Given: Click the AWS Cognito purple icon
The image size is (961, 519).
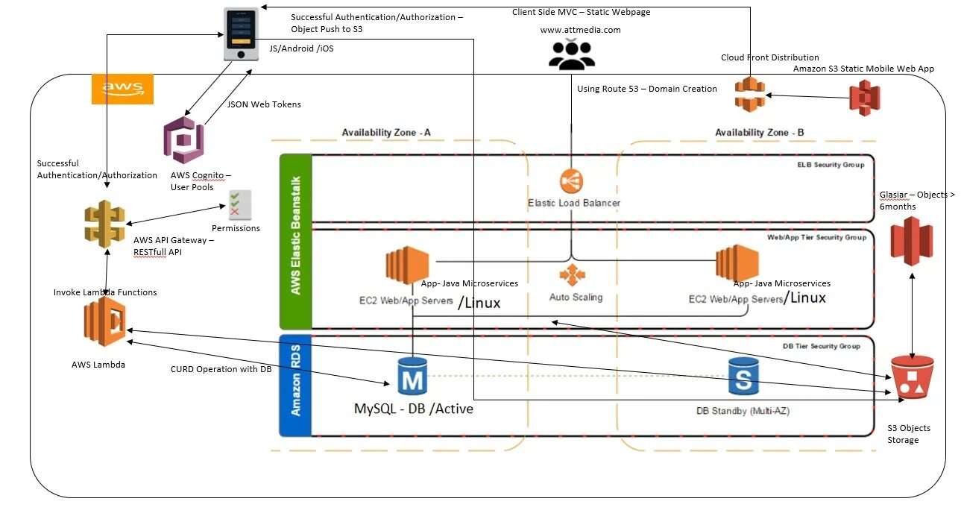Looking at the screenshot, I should click(183, 139).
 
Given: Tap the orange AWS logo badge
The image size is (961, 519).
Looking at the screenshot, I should click(122, 89).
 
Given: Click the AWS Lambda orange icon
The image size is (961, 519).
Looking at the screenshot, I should click(104, 322).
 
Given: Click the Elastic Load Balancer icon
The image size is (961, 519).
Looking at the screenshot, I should click(572, 181).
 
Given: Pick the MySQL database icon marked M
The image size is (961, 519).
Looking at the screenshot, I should click(412, 377).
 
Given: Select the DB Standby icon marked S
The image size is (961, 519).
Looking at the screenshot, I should click(743, 377).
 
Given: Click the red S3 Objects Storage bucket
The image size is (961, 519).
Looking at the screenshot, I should click(912, 378).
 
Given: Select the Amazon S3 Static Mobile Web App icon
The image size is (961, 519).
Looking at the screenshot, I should click(865, 96).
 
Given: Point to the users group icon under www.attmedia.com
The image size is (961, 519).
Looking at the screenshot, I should click(572, 54).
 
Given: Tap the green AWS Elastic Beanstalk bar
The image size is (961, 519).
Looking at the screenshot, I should click(294, 241).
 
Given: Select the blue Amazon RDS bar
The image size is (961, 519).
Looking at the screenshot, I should click(294, 386).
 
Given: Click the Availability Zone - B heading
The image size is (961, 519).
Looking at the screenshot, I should click(759, 133).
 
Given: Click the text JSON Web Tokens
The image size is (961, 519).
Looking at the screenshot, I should click(264, 104).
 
